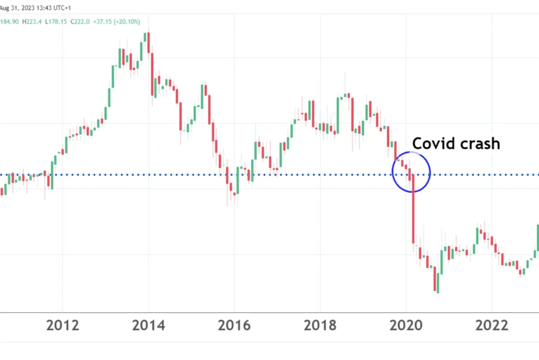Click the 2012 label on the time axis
[x=63, y=325]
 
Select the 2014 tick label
[x=149, y=325]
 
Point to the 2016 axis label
[x=235, y=325]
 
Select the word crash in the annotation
[x=480, y=143]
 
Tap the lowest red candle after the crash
[x=436, y=279]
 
